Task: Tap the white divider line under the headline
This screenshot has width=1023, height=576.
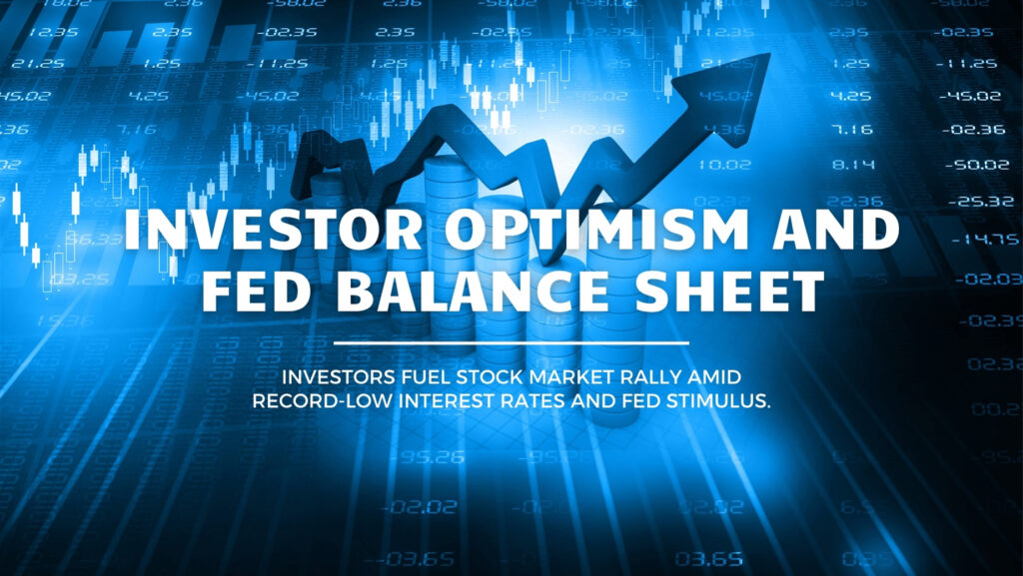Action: point(511,342)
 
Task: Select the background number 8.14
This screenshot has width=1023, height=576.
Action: point(852,163)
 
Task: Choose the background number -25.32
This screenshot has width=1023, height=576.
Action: point(971,201)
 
